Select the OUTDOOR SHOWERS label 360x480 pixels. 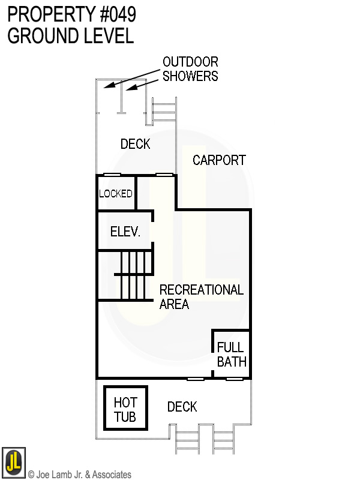pyautogui.click(x=190, y=68)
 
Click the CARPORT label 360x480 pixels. pyautogui.click(x=219, y=160)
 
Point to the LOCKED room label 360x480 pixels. pyautogui.click(x=115, y=194)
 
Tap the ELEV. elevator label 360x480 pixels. pyautogui.click(x=125, y=232)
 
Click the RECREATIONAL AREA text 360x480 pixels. pyautogui.click(x=201, y=297)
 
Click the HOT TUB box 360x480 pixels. pyautogui.click(x=125, y=409)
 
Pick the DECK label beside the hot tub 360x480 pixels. pyautogui.click(x=182, y=407)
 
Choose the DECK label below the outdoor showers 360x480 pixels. pyautogui.click(x=135, y=144)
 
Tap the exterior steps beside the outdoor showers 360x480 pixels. pyautogui.click(x=164, y=110)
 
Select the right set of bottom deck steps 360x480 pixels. pyautogui.click(x=224, y=442)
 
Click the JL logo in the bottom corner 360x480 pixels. pyautogui.click(x=13, y=462)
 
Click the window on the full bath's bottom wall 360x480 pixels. pyautogui.click(x=234, y=379)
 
